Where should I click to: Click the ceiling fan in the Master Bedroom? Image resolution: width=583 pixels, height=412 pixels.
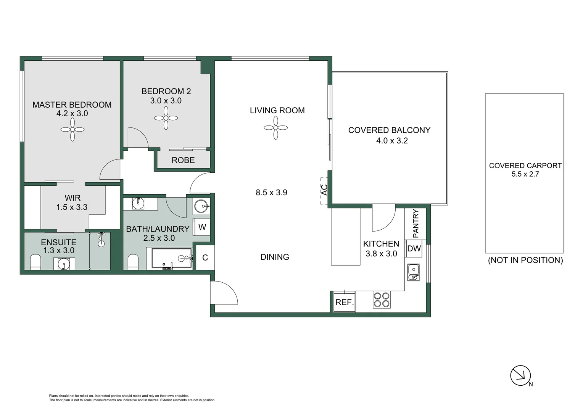point(72,130)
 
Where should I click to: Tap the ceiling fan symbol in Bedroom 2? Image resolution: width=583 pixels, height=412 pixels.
point(166,118)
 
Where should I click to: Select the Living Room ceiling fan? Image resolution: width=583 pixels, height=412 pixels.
point(275,127)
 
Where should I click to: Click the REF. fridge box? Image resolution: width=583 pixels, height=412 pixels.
point(345,302)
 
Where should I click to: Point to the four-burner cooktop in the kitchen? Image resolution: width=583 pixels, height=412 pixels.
point(382,300)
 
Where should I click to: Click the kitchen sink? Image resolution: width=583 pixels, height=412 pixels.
point(413,272)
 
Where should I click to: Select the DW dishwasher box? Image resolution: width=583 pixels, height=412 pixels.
point(414,249)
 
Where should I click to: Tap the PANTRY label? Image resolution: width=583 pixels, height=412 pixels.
point(416,223)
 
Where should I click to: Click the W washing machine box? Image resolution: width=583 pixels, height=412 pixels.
point(202,227)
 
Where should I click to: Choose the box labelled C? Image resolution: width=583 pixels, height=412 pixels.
point(205,258)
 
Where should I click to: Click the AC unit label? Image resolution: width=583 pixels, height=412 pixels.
point(324,190)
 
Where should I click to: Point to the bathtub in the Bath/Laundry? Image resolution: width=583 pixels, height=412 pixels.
point(171,258)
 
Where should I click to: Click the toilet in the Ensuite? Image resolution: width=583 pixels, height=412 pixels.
point(35,262)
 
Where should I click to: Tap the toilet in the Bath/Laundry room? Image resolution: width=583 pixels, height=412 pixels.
point(133,262)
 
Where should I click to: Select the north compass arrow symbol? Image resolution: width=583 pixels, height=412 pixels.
point(520,375)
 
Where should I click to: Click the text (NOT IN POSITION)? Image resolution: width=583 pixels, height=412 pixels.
point(525,260)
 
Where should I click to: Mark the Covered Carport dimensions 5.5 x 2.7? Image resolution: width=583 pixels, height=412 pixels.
point(525,174)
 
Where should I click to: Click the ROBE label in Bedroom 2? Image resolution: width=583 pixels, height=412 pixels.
point(183,160)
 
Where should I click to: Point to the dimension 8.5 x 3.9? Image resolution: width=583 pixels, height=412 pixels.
point(271,193)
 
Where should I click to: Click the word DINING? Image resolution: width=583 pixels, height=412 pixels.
point(275,257)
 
